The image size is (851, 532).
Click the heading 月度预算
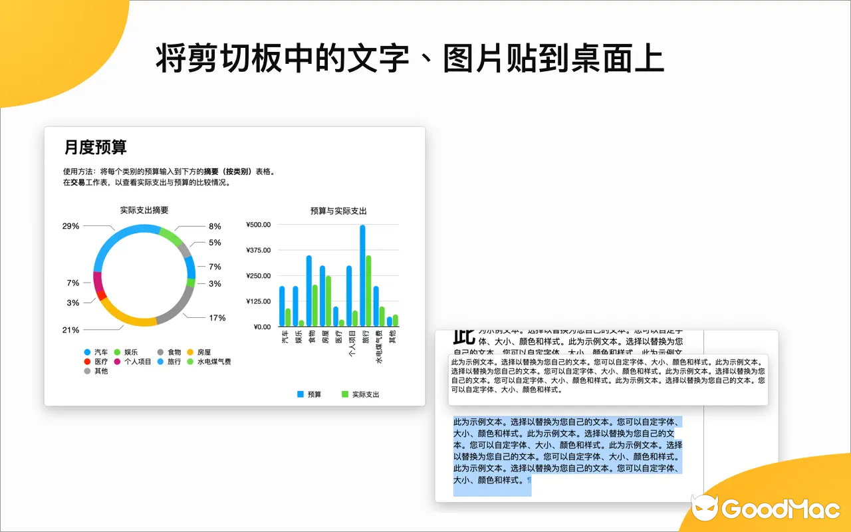click(95, 147)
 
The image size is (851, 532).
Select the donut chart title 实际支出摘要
click(144, 210)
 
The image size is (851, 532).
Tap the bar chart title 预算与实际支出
click(338, 211)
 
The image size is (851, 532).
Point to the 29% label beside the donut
click(70, 226)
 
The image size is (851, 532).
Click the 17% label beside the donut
click(217, 318)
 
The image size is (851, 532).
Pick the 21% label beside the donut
click(70, 330)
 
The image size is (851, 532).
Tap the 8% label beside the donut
click(215, 226)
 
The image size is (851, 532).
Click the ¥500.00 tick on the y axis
click(258, 225)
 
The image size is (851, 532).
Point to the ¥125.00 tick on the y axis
click(258, 301)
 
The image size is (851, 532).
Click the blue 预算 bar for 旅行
click(362, 275)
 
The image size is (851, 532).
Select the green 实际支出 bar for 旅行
click(368, 291)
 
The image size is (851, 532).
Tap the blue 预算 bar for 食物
click(309, 291)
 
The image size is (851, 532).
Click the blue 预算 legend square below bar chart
click(301, 394)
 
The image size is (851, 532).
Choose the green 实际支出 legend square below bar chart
click(345, 394)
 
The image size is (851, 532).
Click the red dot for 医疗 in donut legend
click(87, 362)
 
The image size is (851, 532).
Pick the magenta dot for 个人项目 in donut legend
click(118, 362)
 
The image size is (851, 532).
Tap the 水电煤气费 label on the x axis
click(379, 347)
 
